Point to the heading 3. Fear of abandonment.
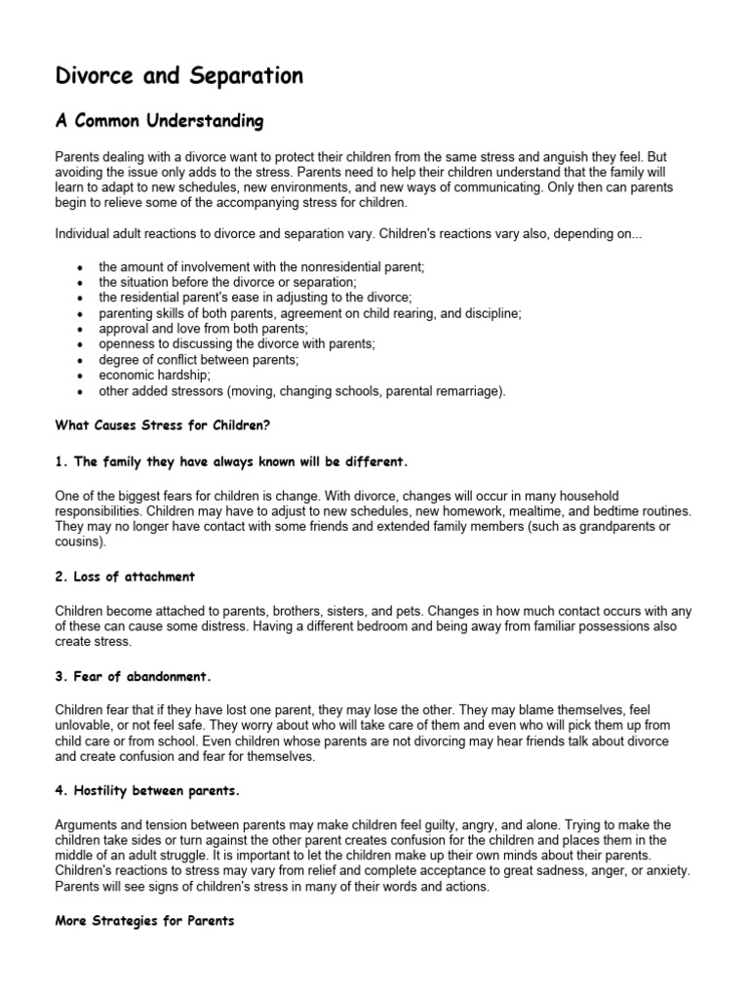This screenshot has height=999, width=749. point(141,674)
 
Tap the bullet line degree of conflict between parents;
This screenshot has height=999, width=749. point(199,360)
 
